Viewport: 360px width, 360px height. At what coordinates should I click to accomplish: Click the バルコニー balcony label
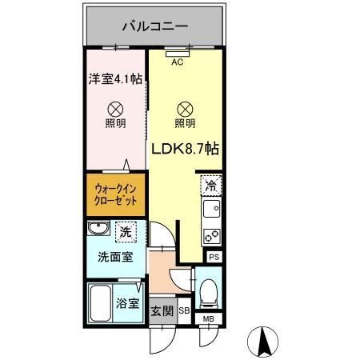154,26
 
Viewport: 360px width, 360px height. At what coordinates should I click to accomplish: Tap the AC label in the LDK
177,62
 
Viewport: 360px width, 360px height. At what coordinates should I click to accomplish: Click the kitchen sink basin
212,209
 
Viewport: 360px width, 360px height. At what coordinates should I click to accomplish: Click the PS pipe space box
214,258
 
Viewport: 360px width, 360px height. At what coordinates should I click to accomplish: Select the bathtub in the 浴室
101,302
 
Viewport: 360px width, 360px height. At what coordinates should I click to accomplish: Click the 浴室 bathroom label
128,304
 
